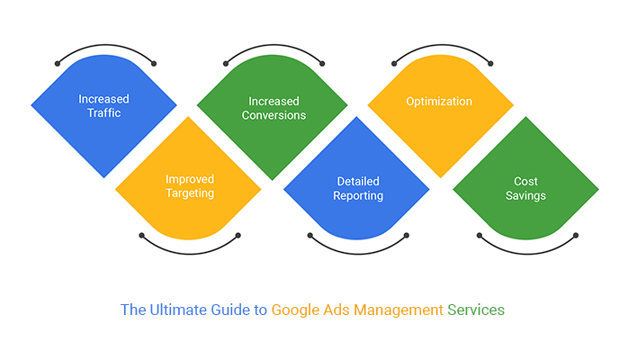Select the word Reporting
357,195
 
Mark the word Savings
525,195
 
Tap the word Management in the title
398,310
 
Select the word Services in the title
477,310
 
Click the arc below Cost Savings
526,249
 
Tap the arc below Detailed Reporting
357,249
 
